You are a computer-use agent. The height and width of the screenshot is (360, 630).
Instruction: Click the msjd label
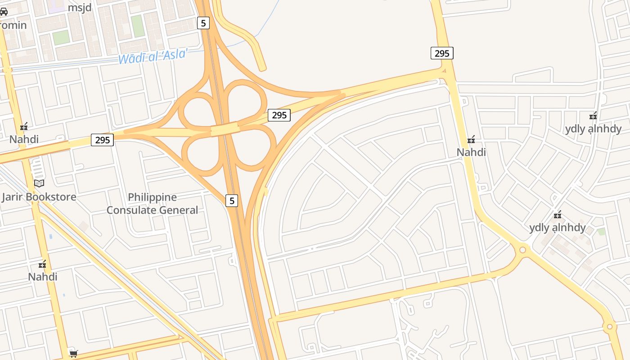coord(80,8)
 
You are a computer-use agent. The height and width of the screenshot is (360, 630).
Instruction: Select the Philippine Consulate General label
coord(152,203)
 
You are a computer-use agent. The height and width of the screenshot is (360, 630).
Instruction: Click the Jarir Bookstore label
coord(39,197)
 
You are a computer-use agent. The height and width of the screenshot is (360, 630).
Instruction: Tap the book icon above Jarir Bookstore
coord(39,183)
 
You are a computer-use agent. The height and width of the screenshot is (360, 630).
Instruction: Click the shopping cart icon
coord(73,354)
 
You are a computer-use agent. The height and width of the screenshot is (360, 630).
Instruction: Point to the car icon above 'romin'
coord(4,12)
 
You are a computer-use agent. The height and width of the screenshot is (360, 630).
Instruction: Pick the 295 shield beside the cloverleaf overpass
coord(279,115)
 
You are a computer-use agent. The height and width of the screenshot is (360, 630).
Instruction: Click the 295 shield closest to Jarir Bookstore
coord(103,140)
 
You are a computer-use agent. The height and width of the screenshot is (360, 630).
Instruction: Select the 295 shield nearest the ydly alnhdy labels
coord(442,54)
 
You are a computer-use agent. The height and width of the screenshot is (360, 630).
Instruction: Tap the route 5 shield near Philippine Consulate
coord(232,201)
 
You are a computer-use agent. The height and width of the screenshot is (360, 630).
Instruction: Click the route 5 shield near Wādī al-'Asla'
coord(203,23)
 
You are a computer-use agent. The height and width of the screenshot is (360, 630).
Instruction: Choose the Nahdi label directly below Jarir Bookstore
coord(43,276)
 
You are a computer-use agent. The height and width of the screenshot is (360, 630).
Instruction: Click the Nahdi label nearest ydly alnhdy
coord(471,152)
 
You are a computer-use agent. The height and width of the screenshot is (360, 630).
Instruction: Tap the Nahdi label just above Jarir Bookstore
coord(24,139)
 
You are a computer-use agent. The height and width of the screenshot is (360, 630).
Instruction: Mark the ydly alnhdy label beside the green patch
coord(558,227)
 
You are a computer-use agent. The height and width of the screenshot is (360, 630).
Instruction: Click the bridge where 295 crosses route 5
coord(225,130)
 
